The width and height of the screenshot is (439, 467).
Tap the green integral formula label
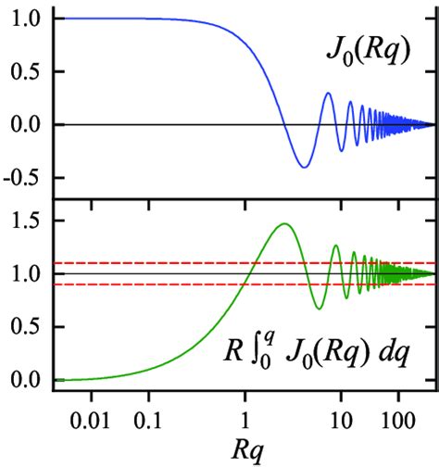(325, 357)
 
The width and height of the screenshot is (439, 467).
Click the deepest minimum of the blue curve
(303, 167)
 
